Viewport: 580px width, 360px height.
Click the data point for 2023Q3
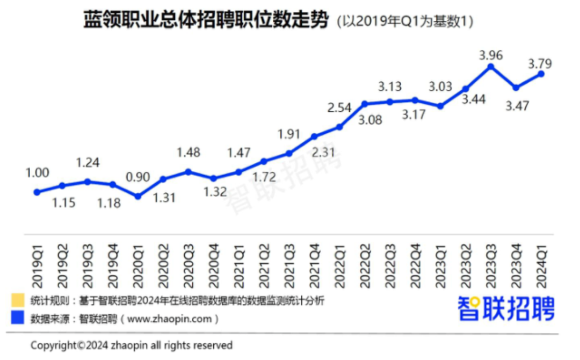point(490,66)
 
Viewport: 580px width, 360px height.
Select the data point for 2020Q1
point(137,197)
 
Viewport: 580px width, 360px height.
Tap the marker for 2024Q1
point(541,74)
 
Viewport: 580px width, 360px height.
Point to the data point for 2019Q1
point(37,192)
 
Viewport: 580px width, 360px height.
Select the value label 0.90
point(137,177)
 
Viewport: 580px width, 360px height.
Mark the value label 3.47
point(516,105)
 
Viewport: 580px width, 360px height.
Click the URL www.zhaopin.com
point(171,319)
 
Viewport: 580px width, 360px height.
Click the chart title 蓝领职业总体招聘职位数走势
point(205,21)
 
